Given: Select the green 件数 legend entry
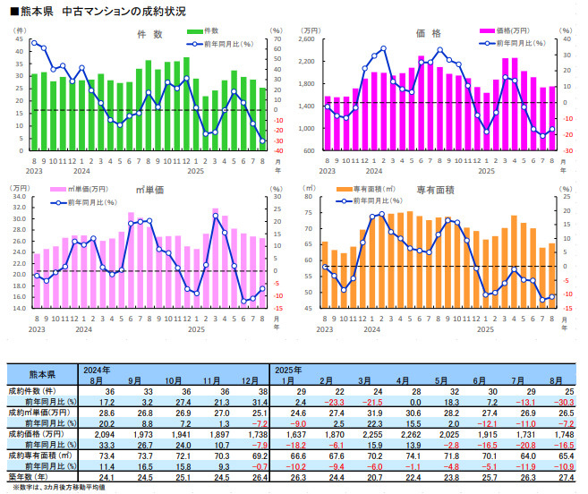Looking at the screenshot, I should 208,31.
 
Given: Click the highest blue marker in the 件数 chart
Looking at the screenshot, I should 34,42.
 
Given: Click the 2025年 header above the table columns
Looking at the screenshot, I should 289,370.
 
